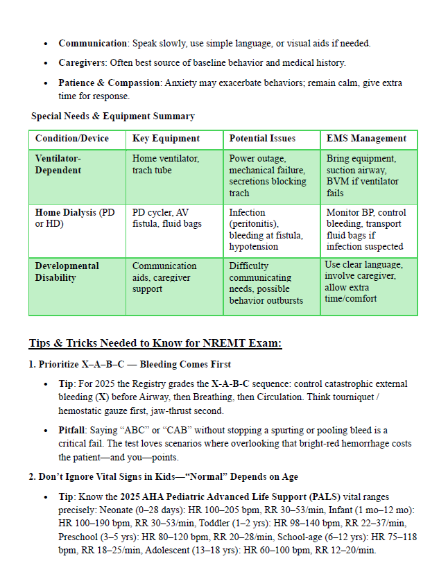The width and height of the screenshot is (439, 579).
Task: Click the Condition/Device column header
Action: click(x=72, y=139)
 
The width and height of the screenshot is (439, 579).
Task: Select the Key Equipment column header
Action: click(x=166, y=139)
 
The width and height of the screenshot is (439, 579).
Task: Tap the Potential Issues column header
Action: click(x=264, y=139)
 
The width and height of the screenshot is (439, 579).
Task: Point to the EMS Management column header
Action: click(x=366, y=139)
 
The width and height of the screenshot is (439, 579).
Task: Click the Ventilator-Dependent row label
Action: click(x=58, y=164)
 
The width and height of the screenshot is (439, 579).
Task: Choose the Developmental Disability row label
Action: click(x=67, y=272)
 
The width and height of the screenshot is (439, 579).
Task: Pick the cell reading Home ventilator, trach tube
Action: click(x=166, y=164)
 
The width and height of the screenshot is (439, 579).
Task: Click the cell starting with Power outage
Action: click(x=267, y=175)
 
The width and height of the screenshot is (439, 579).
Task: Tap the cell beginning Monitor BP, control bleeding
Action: click(x=366, y=229)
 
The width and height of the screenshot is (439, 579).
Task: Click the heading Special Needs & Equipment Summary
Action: click(x=112, y=116)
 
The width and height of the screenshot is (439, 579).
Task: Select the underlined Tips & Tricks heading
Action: click(x=155, y=344)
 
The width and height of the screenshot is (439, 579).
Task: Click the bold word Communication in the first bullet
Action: click(x=92, y=44)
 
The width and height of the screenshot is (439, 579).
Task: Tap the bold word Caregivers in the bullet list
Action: click(x=84, y=63)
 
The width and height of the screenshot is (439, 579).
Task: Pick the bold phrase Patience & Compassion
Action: click(x=110, y=83)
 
